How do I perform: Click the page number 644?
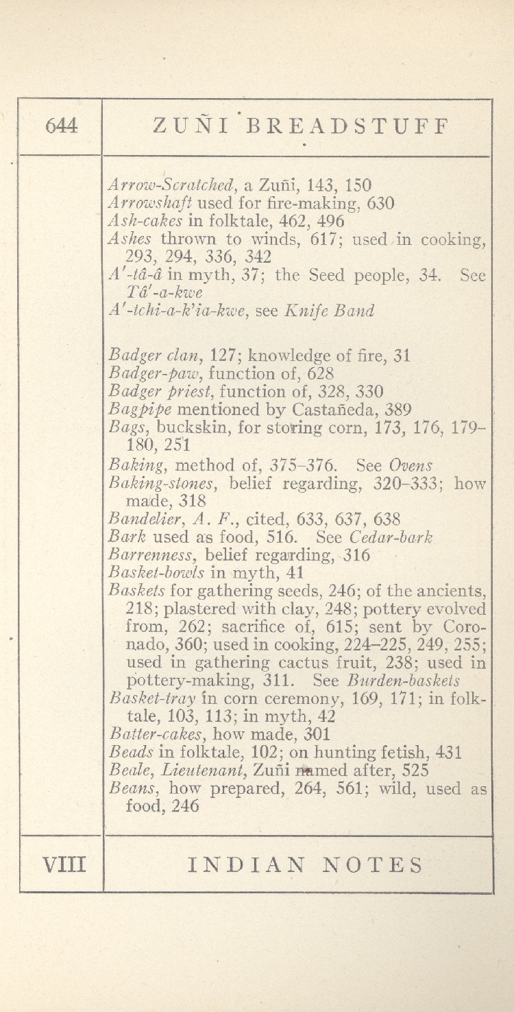61,126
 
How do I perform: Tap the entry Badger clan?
156,355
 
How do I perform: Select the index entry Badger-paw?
156,374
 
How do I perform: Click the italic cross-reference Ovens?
411,464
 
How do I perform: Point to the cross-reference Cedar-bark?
391,537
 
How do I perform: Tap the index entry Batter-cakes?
154,735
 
